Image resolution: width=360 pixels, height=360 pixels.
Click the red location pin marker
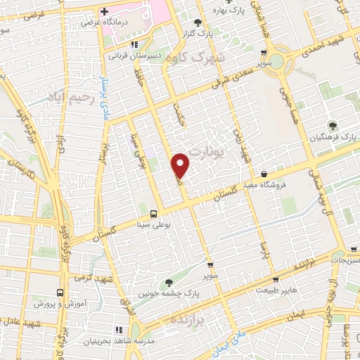click(x=181, y=165)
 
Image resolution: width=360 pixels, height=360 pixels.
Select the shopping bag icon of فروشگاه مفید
click(x=264, y=173)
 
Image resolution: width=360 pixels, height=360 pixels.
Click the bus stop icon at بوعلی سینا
click(x=153, y=213)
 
